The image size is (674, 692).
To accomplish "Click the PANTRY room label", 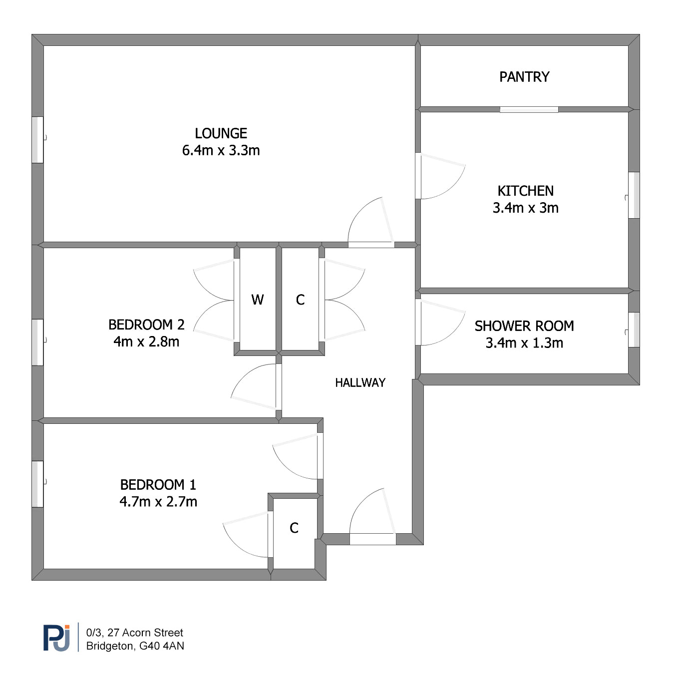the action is coord(524,77).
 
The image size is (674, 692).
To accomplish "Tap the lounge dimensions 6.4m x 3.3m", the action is coord(221,150).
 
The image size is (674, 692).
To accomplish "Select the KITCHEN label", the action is coord(525,191).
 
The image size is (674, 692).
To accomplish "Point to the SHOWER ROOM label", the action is coord(524,326).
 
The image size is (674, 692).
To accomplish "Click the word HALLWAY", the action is coord(360,382).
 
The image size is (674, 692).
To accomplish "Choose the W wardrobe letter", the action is coord(258,300).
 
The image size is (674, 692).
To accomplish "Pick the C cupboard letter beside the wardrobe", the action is coord(300,300).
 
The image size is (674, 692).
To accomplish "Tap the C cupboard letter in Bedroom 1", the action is coord(294,528).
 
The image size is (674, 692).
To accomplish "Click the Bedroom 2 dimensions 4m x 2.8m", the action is coord(146,342).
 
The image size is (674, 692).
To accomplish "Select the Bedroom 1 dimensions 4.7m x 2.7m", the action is coord(158,502).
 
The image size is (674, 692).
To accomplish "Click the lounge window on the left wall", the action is coord(38,140).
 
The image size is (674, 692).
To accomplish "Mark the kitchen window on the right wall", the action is coord(634,195).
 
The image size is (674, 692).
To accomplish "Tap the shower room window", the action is coord(634,330).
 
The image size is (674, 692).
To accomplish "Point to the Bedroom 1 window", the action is coord(38,484).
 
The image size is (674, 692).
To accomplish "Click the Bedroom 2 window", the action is coord(38,343).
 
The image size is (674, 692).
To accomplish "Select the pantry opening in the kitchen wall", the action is coord(529,109).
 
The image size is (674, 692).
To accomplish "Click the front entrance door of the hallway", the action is coord(373,539).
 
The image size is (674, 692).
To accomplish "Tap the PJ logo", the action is coord(56,638).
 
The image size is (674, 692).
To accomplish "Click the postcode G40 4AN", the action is coord(162,646).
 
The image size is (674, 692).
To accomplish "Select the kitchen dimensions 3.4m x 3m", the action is coord(525,208).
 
